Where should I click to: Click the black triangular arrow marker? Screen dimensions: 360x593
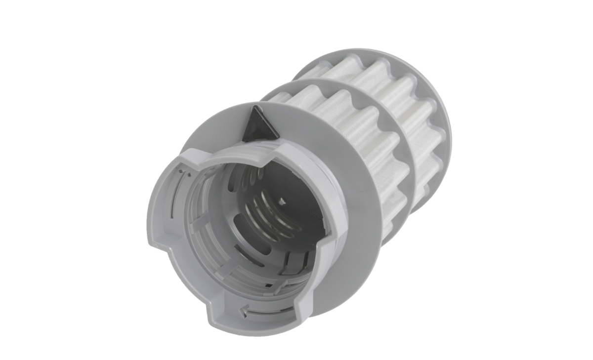(259, 124)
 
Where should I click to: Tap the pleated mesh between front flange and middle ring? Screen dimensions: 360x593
(346, 114)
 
